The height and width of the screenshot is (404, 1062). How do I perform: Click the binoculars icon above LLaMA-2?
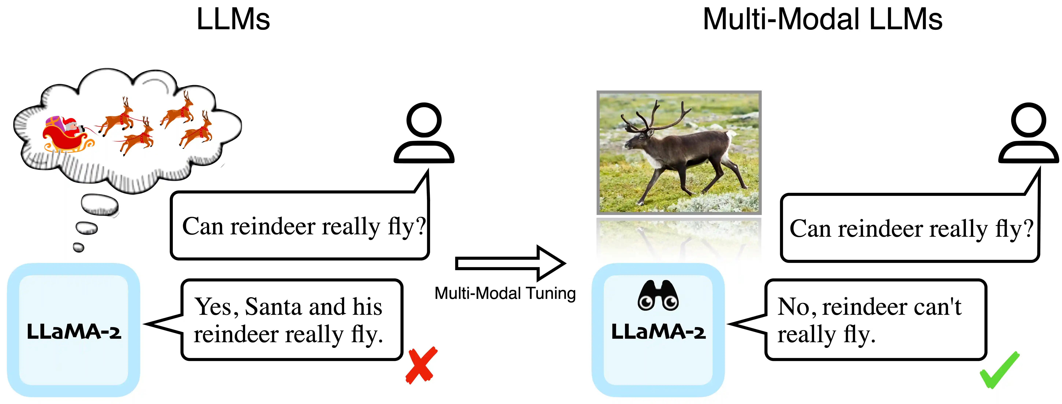[x=658, y=295]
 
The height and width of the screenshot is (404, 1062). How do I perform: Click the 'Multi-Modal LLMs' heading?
[x=823, y=19]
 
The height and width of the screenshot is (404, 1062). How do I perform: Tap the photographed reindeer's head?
[x=637, y=140]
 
